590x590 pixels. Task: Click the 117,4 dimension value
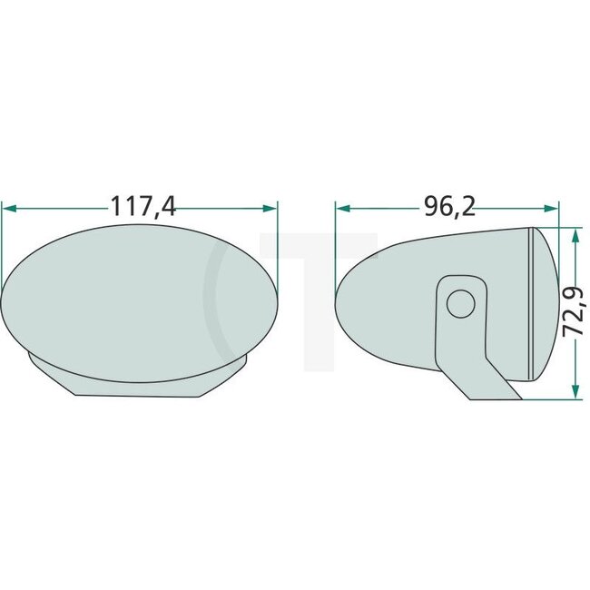tap(143, 207)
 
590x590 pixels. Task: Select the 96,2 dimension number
tap(449, 207)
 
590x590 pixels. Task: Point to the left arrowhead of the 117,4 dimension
tap(9, 208)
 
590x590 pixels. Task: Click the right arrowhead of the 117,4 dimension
tap(270, 208)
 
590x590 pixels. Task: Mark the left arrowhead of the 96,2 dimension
tap(342, 208)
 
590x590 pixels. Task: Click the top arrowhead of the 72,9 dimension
tap(574, 234)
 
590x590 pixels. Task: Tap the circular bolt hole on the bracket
tap(462, 302)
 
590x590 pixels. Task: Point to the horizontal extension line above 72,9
tap(557, 227)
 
